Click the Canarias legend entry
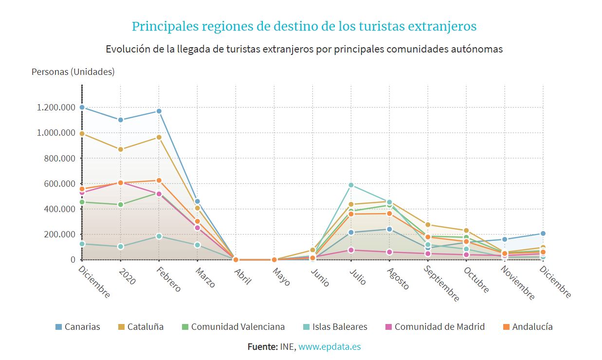[x=78, y=327]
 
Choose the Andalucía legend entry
[x=528, y=327]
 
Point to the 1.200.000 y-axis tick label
[x=55, y=108]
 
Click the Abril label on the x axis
[x=241, y=275]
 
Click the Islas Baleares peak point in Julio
[x=351, y=185]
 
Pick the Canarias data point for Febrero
[x=159, y=111]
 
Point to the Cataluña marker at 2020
[x=120, y=149]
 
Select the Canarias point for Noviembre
[x=505, y=239]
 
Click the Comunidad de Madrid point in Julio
[x=351, y=250]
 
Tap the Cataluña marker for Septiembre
[x=428, y=225]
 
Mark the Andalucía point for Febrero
[x=159, y=180]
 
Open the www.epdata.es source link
[x=329, y=347]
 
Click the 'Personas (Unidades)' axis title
[x=73, y=72]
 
